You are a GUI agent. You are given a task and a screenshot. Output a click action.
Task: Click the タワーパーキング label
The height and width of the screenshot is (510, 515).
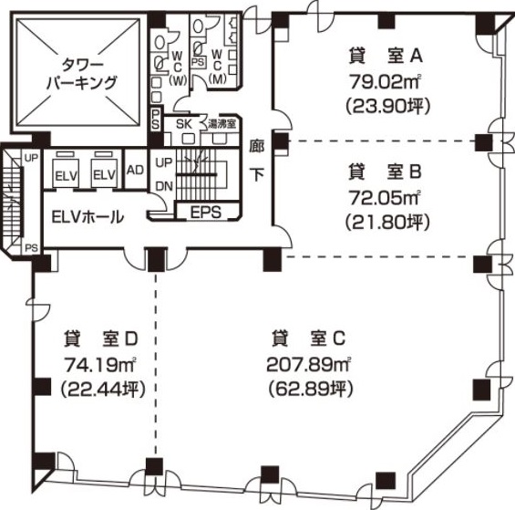click(x=81, y=74)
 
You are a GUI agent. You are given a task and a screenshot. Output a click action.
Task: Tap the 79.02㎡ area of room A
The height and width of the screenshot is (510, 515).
click(x=385, y=81)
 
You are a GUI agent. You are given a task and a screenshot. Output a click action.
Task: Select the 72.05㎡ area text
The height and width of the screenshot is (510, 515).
click(x=385, y=198)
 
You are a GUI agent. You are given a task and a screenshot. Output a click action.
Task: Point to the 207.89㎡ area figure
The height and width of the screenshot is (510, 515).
click(x=309, y=365)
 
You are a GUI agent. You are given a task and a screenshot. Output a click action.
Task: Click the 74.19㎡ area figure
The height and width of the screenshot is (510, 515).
click(x=100, y=365)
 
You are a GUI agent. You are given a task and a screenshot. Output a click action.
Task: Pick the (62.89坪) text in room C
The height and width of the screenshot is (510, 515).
click(x=311, y=389)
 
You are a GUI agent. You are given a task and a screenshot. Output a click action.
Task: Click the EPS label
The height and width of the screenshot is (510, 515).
click(x=206, y=213)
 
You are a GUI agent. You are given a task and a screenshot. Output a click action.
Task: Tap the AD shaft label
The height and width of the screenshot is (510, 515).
click(x=135, y=170)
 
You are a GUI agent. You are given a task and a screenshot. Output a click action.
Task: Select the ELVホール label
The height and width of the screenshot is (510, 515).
click(x=88, y=217)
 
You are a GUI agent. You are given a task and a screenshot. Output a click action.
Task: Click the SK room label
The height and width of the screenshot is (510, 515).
click(x=184, y=124)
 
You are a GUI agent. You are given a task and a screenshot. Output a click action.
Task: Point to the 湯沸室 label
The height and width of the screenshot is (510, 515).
click(x=221, y=125)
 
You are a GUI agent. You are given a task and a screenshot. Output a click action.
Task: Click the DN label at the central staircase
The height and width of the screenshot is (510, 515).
click(x=164, y=186)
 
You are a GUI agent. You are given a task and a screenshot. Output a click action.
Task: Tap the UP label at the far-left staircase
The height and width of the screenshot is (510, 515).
click(x=32, y=158)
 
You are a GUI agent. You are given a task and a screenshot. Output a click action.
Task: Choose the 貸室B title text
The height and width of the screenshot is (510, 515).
click(x=385, y=172)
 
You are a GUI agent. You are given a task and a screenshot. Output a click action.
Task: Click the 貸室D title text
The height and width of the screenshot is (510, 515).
click(x=100, y=339)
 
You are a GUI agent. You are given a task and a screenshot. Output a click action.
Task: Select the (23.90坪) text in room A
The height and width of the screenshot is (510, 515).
click(x=387, y=106)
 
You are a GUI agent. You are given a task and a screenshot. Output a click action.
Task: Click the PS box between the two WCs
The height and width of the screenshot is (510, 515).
click(x=198, y=62)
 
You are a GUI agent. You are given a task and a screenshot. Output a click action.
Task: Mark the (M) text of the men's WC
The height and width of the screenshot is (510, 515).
click(x=218, y=78)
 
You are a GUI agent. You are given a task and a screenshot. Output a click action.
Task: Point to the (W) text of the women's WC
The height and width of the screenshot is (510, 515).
click(x=178, y=80)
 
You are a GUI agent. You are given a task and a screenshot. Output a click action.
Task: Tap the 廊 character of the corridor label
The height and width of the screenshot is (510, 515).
click(x=257, y=146)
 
